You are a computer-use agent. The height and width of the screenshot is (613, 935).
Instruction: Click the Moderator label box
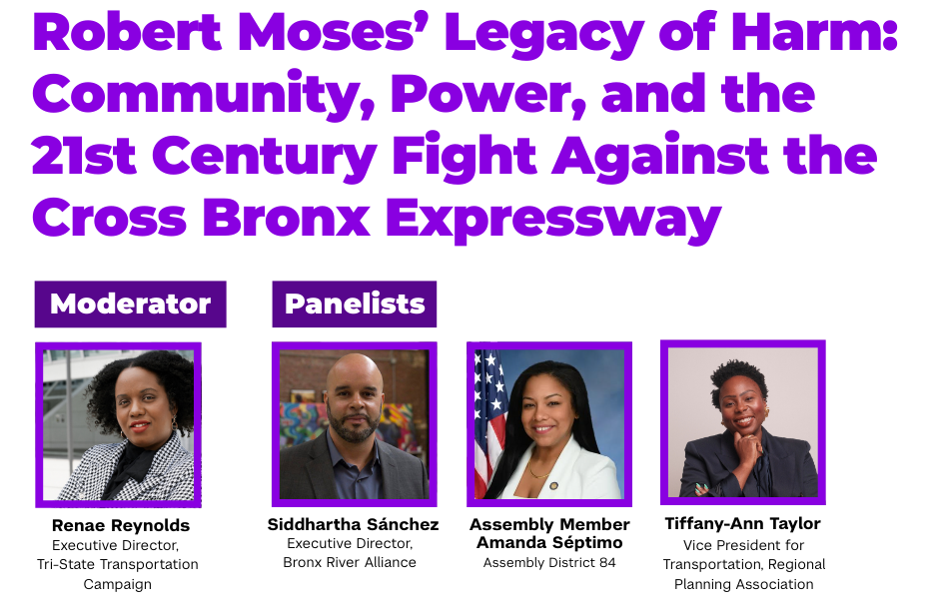coord(131,304)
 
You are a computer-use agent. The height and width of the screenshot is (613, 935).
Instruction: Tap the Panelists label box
coord(355,304)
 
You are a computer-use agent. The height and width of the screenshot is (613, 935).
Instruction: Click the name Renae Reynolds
coord(121,525)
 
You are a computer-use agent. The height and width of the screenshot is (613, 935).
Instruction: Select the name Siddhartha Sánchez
coord(353,524)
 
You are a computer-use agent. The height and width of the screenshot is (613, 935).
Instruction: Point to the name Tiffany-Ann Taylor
coord(743,523)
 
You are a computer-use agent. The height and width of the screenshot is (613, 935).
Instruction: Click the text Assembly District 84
coord(549,562)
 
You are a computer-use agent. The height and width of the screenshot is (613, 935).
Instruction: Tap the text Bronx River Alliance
coord(350,562)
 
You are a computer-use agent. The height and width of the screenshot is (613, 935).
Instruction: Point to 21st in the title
coord(84,155)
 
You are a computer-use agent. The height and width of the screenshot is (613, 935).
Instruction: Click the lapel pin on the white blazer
coord(554,485)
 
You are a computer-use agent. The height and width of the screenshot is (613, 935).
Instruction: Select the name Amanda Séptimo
coord(549,543)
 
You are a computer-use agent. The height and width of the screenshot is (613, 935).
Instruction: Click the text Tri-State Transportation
coord(118,564)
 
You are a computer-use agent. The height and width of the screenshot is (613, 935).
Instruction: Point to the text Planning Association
coord(743,584)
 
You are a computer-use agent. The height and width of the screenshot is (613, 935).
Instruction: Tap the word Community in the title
coord(204,95)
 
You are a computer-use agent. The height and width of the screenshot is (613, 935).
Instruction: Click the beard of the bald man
coord(354,426)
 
